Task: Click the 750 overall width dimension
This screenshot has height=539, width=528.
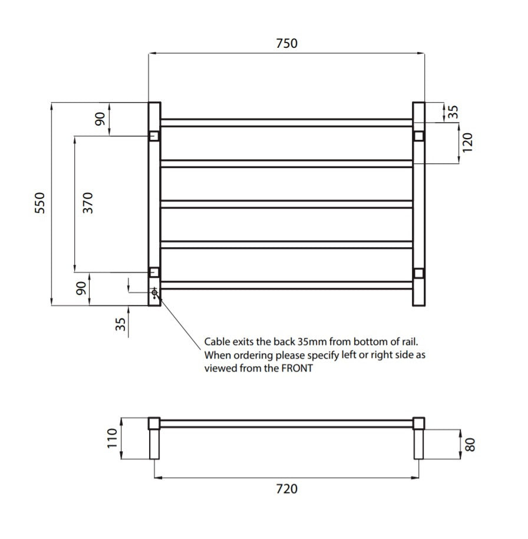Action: coord(286,44)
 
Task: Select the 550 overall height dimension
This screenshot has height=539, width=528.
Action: coord(40,203)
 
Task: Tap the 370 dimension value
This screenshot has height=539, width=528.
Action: coord(88,203)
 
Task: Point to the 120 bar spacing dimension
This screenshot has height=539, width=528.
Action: coord(468,143)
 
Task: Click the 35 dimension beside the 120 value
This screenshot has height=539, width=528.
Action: coord(453,112)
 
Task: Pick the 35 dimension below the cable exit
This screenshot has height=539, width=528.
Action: coord(121,324)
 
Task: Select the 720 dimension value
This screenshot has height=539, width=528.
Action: coord(286,489)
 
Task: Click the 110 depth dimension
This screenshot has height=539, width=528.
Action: coord(112,438)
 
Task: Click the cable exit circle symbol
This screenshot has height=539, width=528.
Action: coord(154,292)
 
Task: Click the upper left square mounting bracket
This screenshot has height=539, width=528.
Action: coord(154,136)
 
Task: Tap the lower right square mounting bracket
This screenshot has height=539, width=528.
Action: coord(418,272)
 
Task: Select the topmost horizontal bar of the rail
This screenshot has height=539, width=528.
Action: coord(286,123)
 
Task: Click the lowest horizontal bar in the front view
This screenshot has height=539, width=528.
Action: coord(286,285)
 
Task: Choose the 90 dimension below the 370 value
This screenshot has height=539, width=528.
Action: coord(81,288)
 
